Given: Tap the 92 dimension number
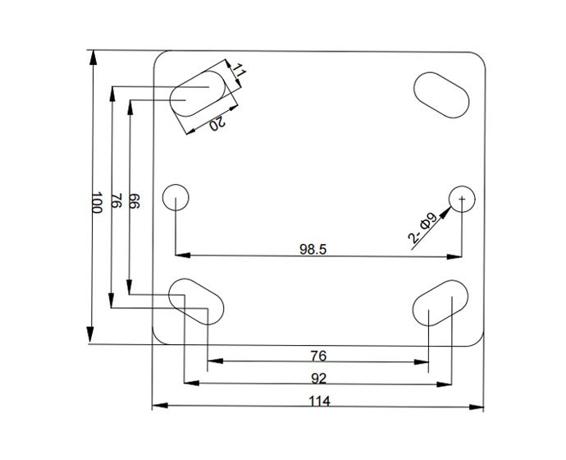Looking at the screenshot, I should pyautogui.click(x=320, y=379).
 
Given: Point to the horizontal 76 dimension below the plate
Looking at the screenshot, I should pyautogui.click(x=320, y=356).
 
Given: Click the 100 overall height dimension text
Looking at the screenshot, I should pyautogui.click(x=96, y=203).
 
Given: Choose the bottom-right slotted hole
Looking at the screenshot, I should pyautogui.click(x=441, y=303).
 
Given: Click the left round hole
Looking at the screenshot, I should pyautogui.click(x=176, y=198).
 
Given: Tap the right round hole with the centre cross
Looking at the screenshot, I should pyautogui.click(x=463, y=198).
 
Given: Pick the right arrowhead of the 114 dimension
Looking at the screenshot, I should pyautogui.click(x=481, y=406).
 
